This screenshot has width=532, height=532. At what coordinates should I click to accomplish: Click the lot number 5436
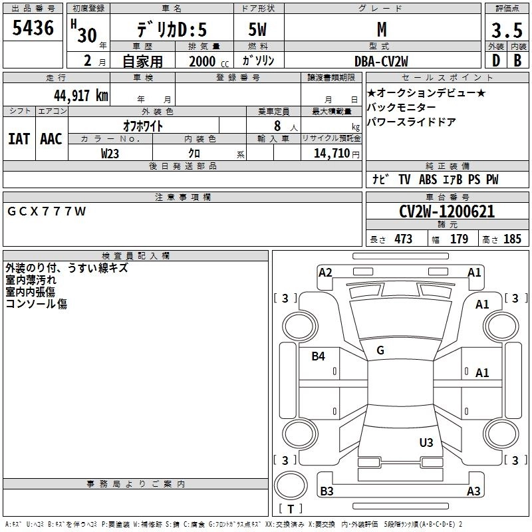[x=33, y=29]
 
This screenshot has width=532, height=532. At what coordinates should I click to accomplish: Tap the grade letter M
[x=382, y=29]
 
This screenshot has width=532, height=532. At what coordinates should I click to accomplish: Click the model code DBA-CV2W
[x=382, y=61]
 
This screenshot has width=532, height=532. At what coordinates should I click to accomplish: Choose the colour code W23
[x=110, y=153]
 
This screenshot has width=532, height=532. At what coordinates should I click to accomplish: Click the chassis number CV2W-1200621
[x=447, y=211]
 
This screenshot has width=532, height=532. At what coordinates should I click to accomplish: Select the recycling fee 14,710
[x=331, y=154]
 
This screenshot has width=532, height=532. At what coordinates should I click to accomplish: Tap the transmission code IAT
[x=19, y=138]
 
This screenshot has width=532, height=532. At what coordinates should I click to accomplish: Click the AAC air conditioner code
[x=51, y=138]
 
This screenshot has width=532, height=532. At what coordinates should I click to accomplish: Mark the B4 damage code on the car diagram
[x=319, y=356]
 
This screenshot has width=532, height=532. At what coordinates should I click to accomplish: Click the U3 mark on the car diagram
[x=426, y=442]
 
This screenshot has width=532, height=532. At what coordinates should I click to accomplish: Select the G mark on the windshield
[x=380, y=350]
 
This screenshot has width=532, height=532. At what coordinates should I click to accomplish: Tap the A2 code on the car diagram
[x=325, y=272]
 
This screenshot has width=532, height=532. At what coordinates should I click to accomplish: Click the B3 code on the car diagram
[x=327, y=491]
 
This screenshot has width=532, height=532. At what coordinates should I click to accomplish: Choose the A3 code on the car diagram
[x=473, y=491]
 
